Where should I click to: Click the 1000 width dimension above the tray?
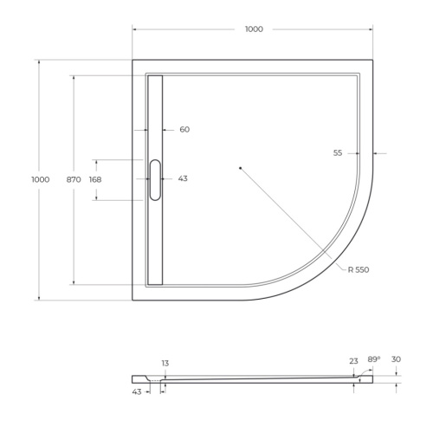point(253,29)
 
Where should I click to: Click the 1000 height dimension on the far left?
point(40,179)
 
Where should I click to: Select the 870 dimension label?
point(74,179)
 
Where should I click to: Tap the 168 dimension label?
point(95,179)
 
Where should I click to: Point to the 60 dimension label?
point(184,130)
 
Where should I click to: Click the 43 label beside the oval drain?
point(183,178)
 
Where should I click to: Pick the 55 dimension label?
point(338,152)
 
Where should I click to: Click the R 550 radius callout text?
point(359,270)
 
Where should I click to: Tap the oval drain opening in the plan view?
point(156,179)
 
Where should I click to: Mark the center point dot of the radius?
point(240,167)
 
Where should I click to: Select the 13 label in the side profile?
point(165,363)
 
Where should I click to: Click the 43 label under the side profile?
point(138,392)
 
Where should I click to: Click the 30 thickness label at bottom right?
point(396,359)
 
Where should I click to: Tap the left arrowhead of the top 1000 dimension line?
point(135,29)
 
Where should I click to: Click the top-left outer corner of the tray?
point(133,60)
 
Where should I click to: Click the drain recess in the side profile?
point(157,378)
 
